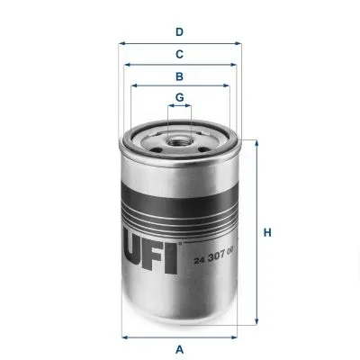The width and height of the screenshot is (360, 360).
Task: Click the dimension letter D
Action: coord(179,31)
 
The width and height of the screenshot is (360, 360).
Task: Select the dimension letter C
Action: coord(179,54)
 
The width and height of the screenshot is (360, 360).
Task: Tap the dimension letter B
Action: coord(179,76)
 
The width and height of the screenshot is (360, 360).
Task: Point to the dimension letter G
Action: coord(179,97)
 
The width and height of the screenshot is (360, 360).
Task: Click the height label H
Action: coord(267,235)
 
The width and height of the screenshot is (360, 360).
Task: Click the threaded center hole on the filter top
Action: coord(179,137)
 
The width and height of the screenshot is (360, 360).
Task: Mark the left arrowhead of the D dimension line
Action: coord(121,42)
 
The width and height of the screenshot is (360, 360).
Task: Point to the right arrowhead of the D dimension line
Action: coord(239,42)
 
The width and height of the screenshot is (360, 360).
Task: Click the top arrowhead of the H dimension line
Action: coord(256,141)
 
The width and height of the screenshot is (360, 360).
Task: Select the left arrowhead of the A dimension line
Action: coord(124,337)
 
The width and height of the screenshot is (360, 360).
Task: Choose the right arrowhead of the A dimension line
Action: coord(237,337)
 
